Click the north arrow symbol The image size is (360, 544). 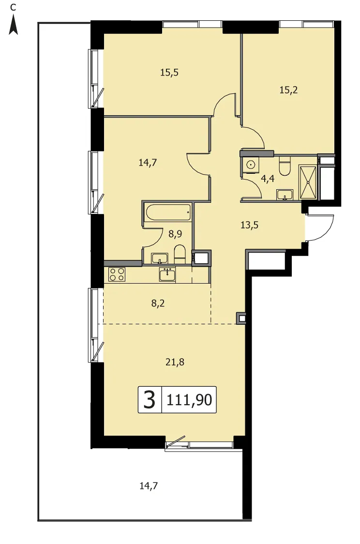(13, 27)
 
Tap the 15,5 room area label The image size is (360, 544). (169, 73)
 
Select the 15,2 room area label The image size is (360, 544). (288, 90)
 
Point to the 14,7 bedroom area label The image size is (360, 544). (148, 162)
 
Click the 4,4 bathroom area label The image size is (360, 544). (268, 179)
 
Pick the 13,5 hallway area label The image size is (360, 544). (249, 225)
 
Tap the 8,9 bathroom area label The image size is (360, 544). (175, 234)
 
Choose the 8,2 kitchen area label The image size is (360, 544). (158, 303)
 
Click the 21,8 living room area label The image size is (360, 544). (175, 362)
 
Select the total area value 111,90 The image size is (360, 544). (189, 400)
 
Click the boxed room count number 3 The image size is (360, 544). (150, 400)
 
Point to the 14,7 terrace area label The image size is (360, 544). (149, 486)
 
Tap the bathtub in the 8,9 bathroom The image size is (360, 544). (168, 212)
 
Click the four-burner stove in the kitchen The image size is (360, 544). (117, 274)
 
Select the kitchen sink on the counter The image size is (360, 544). (167, 274)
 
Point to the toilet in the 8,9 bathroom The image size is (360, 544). (180, 254)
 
